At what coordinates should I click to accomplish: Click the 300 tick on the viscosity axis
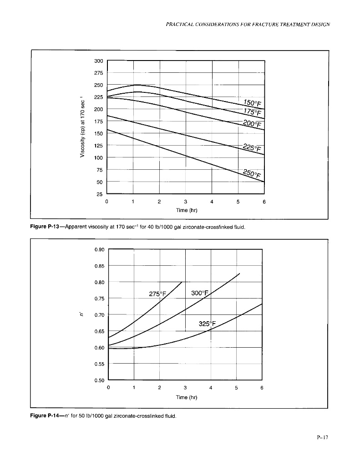(99, 61)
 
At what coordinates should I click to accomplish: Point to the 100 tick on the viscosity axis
(99, 157)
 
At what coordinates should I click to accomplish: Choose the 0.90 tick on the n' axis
(100, 249)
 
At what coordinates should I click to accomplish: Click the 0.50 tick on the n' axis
(100, 380)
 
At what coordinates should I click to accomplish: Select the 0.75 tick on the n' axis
(100, 299)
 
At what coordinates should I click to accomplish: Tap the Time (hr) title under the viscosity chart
(186, 211)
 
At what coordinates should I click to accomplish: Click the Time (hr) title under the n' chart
(186, 397)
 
